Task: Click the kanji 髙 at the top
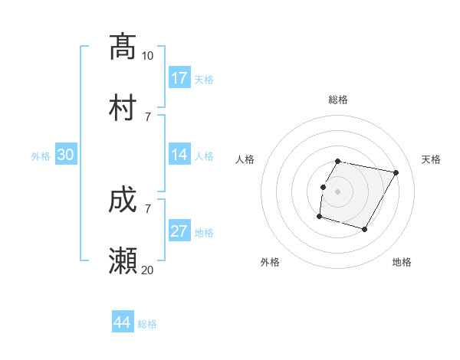[123, 47]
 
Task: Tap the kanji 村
[123, 107]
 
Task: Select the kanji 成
[123, 201]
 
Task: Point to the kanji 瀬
[123, 261]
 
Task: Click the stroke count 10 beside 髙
[148, 56]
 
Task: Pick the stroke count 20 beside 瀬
[148, 270]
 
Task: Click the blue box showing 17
[179, 78]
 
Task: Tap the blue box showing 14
[179, 155]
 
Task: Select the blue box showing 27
[179, 231]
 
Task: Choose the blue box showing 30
[66, 155]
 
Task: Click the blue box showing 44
[123, 322]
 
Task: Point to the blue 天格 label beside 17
[204, 79]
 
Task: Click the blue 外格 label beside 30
[41, 155]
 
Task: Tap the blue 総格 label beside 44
[147, 323]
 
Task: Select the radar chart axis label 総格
[338, 100]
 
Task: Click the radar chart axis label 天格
[432, 159]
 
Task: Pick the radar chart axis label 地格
[402, 262]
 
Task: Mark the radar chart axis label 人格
[245, 159]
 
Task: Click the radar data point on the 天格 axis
[396, 173]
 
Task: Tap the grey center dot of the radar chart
[338, 191]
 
